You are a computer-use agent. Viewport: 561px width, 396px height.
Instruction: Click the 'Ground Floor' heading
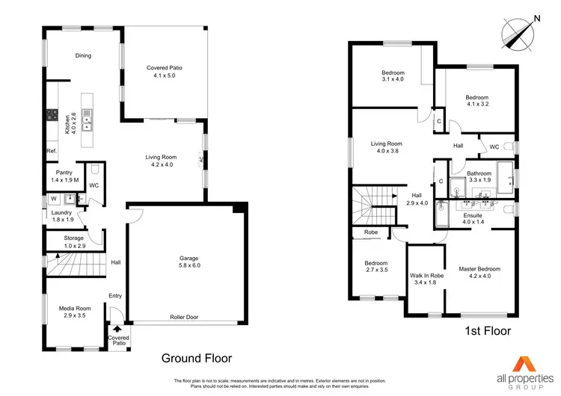click(x=197, y=358)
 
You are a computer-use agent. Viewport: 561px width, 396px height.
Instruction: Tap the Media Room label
click(x=75, y=312)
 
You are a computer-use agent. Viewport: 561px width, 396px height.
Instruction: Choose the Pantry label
click(x=63, y=176)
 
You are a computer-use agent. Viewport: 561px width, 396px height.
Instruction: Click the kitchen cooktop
click(x=53, y=115)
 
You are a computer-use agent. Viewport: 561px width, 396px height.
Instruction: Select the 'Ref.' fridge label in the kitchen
click(x=52, y=151)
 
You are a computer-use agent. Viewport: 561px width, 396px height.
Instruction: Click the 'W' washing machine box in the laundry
click(x=53, y=199)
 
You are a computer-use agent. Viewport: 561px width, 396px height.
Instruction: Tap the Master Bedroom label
click(x=479, y=272)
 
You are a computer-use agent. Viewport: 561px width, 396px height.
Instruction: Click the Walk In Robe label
click(x=426, y=279)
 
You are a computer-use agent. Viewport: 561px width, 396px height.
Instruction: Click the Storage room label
click(x=73, y=241)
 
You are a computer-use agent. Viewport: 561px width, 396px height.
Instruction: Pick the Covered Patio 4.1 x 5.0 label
click(x=165, y=72)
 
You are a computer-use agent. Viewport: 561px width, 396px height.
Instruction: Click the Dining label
click(x=82, y=55)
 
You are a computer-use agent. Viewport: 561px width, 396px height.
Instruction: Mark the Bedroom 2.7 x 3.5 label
click(x=375, y=267)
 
